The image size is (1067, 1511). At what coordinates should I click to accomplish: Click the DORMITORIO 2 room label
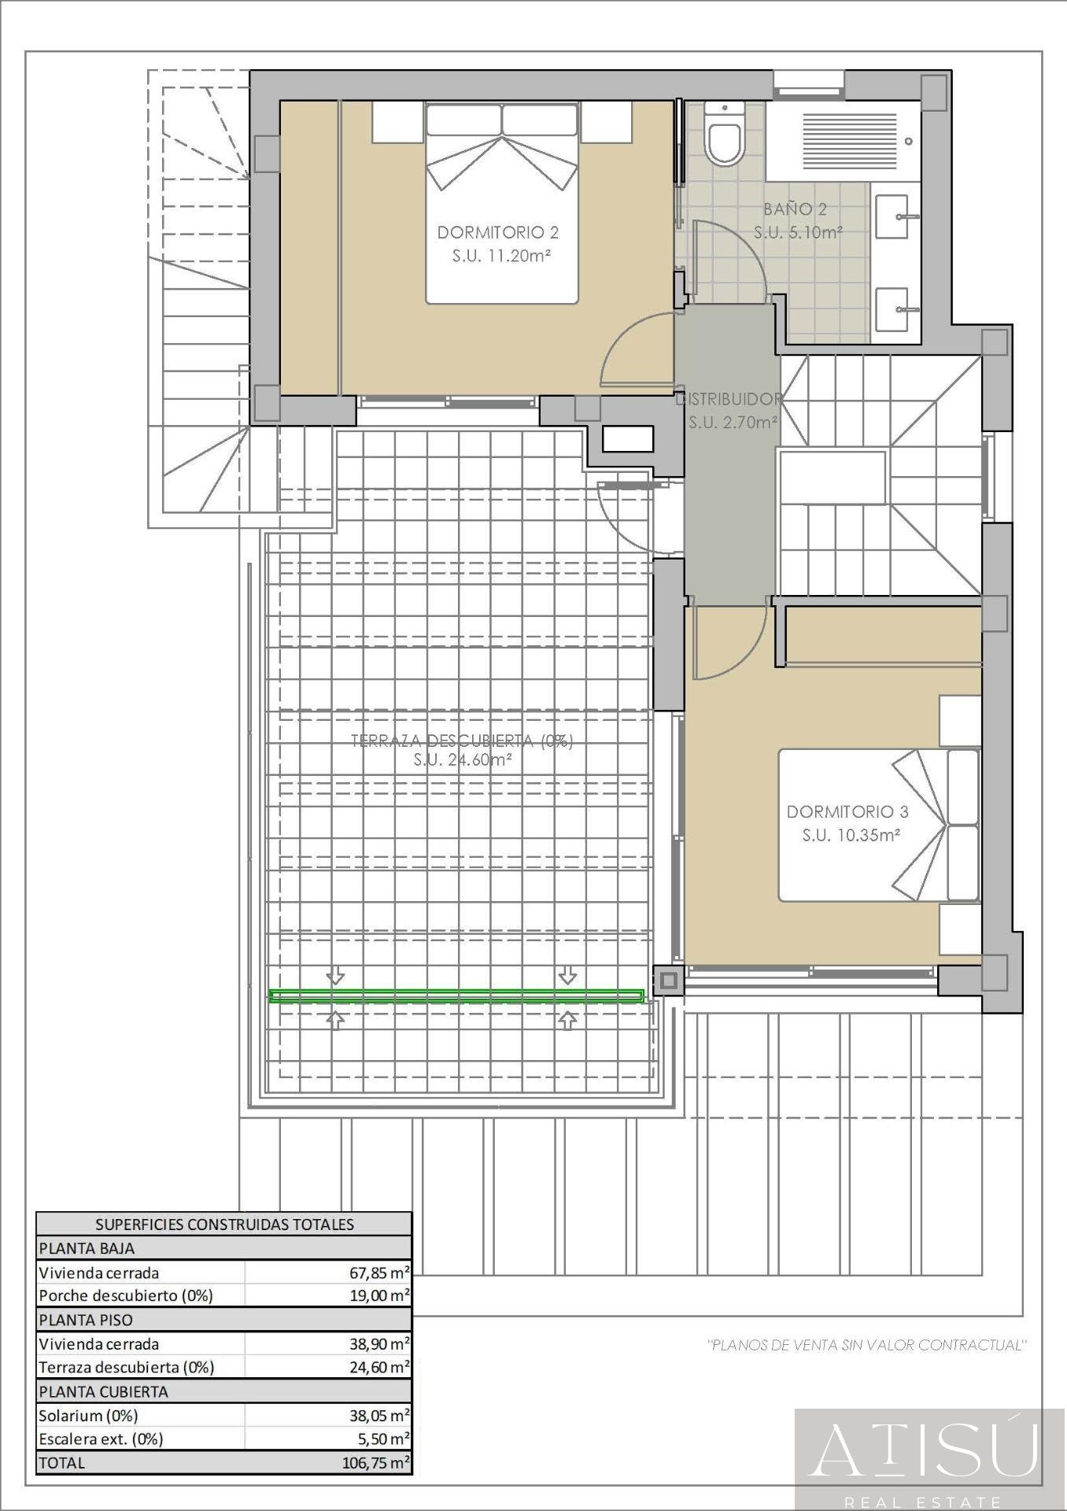click(x=498, y=232)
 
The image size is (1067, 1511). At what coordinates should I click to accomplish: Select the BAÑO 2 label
click(x=795, y=209)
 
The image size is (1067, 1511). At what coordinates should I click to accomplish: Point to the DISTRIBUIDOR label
click(x=729, y=399)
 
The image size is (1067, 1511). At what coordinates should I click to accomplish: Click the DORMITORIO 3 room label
click(x=847, y=811)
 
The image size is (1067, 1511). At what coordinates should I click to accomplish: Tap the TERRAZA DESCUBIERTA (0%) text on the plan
click(x=462, y=741)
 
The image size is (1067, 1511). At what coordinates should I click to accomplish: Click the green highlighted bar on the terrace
click(x=456, y=996)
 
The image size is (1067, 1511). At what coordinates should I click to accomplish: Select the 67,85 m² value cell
click(x=379, y=1273)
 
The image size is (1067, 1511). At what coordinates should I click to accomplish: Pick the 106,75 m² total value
click(x=376, y=1463)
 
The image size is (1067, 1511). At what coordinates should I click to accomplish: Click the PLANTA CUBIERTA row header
click(x=103, y=1391)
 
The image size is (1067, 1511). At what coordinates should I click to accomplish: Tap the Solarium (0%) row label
click(x=88, y=1415)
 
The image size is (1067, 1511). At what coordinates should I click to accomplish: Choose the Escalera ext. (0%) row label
click(x=101, y=1439)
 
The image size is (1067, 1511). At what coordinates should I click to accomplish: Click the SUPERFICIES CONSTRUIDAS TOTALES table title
click(x=224, y=1225)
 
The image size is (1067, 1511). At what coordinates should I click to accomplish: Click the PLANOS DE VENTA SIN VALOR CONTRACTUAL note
click(x=868, y=1345)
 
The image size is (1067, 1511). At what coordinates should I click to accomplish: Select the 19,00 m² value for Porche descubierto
click(x=379, y=1295)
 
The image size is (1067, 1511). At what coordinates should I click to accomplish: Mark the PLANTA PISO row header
click(x=86, y=1320)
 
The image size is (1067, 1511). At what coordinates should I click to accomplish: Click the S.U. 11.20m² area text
click(x=500, y=256)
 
